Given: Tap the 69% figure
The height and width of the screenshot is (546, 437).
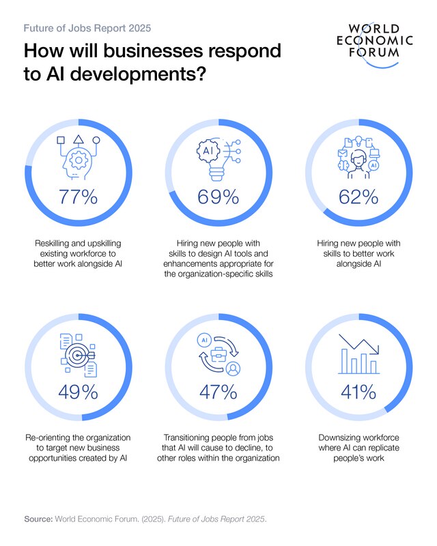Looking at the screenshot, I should click(218, 197).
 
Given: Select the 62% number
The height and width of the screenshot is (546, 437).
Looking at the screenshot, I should click(358, 197).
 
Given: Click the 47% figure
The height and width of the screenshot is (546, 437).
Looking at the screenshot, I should click(218, 392).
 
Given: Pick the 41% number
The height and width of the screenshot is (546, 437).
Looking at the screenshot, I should click(358, 392).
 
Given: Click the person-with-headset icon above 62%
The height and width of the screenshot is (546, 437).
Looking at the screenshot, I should click(358, 158).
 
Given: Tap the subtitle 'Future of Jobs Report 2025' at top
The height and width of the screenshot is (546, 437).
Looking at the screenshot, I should click(87, 29).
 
